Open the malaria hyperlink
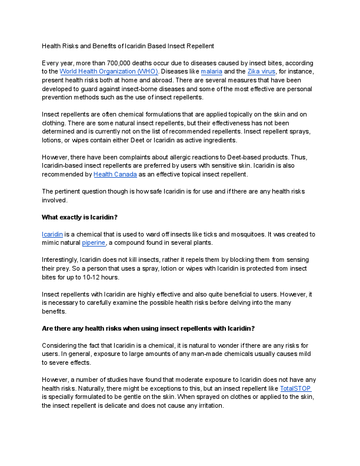click(212, 71)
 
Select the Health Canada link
click(115, 174)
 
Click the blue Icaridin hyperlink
click(52, 234)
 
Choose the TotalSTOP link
click(295, 389)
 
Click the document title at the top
click(128, 45)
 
